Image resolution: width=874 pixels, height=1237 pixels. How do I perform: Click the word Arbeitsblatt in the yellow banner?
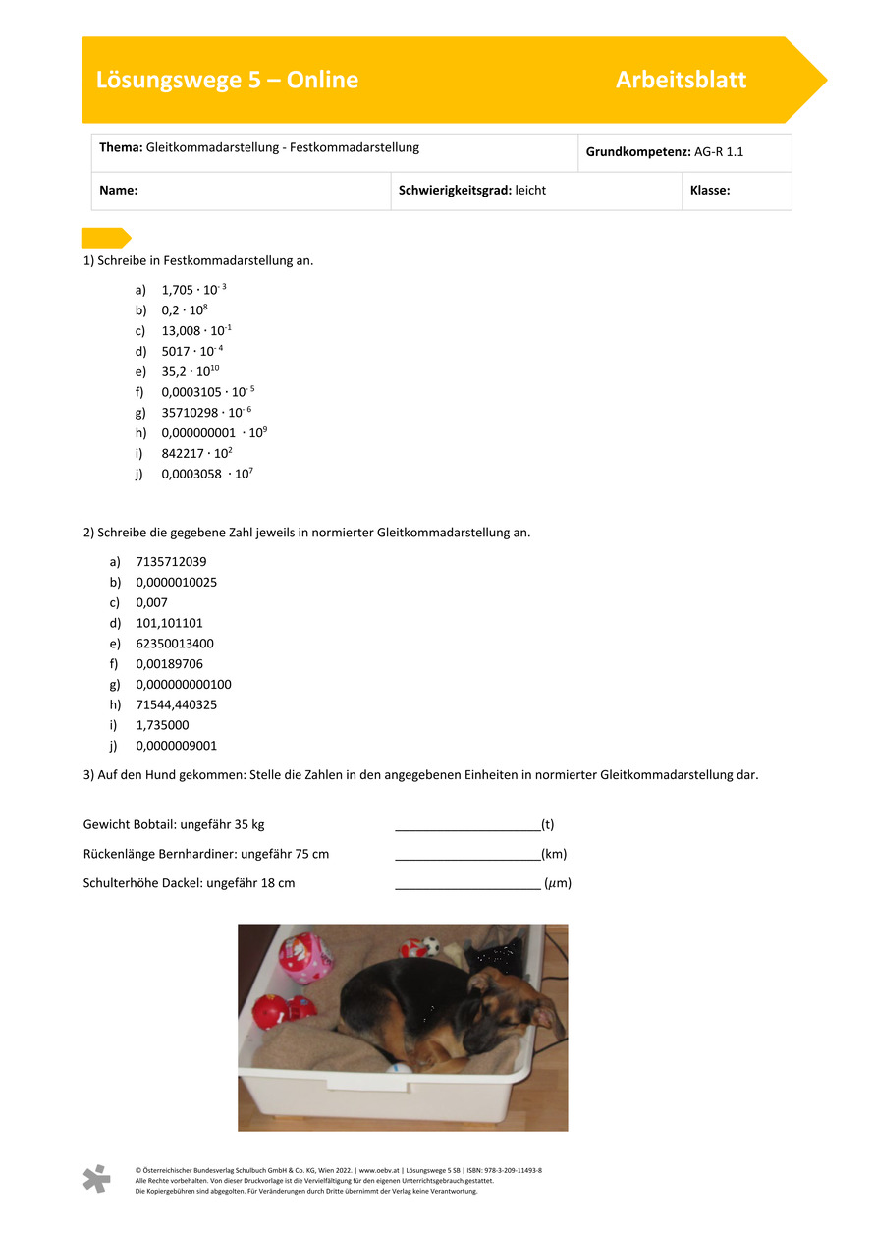681,80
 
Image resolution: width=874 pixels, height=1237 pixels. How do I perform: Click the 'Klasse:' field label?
710,191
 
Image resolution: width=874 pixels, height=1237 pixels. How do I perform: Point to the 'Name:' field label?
118,191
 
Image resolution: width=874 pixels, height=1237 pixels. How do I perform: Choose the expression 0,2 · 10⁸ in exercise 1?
185,309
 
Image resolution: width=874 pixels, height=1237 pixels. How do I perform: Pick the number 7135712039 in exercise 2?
171,562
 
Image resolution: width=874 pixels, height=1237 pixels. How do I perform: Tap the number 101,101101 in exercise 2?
169,623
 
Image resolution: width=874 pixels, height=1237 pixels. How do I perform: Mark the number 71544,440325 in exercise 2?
177,704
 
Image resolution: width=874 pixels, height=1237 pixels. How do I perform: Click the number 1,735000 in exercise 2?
162,725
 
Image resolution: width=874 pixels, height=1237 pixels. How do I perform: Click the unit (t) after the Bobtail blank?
548,825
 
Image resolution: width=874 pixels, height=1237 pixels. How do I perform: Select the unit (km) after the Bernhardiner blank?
554,854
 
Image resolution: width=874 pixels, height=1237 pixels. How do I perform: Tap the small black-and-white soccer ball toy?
430,947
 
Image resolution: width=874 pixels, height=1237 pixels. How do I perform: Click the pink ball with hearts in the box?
304,958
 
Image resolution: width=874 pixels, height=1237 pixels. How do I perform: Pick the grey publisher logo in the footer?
96,1179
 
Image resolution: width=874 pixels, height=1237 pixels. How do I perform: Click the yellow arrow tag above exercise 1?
105,238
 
